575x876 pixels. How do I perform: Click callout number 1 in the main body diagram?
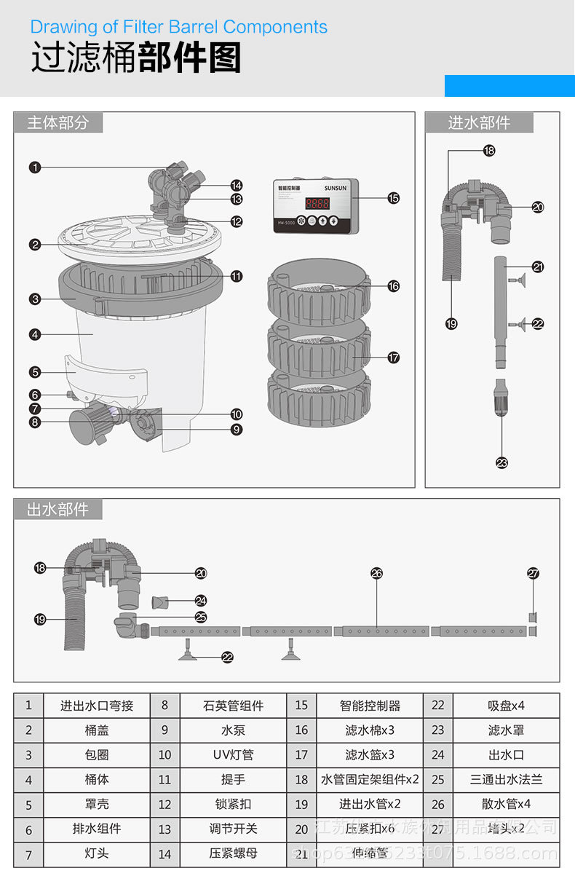pyautogui.click(x=35, y=167)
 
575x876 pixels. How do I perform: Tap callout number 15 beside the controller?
pyautogui.click(x=394, y=197)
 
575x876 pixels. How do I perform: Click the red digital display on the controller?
pyautogui.click(x=320, y=205)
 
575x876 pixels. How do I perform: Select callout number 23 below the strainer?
pyautogui.click(x=501, y=462)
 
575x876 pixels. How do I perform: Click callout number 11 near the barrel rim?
pyautogui.click(x=237, y=276)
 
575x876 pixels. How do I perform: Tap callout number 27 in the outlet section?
pyautogui.click(x=534, y=573)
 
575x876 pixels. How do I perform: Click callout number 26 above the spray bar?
pyautogui.click(x=376, y=573)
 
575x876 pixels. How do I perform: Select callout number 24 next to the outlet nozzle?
pyautogui.click(x=201, y=601)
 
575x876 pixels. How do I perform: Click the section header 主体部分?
pyautogui.click(x=58, y=122)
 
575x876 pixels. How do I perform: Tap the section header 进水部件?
pyautogui.click(x=479, y=122)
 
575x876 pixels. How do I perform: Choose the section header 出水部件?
pyautogui.click(x=58, y=509)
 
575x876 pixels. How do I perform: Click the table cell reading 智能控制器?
pyautogui.click(x=370, y=706)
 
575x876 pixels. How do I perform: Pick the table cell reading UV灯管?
pyautogui.click(x=233, y=755)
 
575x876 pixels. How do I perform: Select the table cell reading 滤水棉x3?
pyautogui.click(x=370, y=730)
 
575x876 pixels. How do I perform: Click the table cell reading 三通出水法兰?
pyautogui.click(x=507, y=779)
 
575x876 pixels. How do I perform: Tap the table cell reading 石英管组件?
pyautogui.click(x=233, y=706)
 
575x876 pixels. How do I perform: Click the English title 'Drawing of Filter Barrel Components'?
pyautogui.click(x=179, y=28)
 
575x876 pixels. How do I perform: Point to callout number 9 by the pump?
pyautogui.click(x=237, y=430)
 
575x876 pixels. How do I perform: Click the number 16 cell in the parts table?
pyautogui.click(x=301, y=730)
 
